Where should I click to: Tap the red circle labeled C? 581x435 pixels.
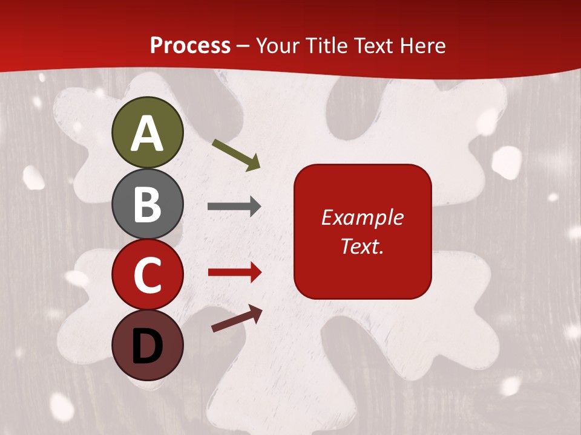pos(147,274)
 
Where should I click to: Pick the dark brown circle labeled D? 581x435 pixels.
pos(147,345)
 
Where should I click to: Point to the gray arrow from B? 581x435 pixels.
pos(234,207)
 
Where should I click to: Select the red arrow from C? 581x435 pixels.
pos(235,272)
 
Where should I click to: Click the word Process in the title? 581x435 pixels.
pos(190,45)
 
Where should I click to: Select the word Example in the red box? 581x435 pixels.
pos(363,217)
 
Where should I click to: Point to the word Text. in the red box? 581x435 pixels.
pos(363,246)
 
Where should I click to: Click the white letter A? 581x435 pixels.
pos(147,134)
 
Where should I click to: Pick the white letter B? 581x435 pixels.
pos(147,204)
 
